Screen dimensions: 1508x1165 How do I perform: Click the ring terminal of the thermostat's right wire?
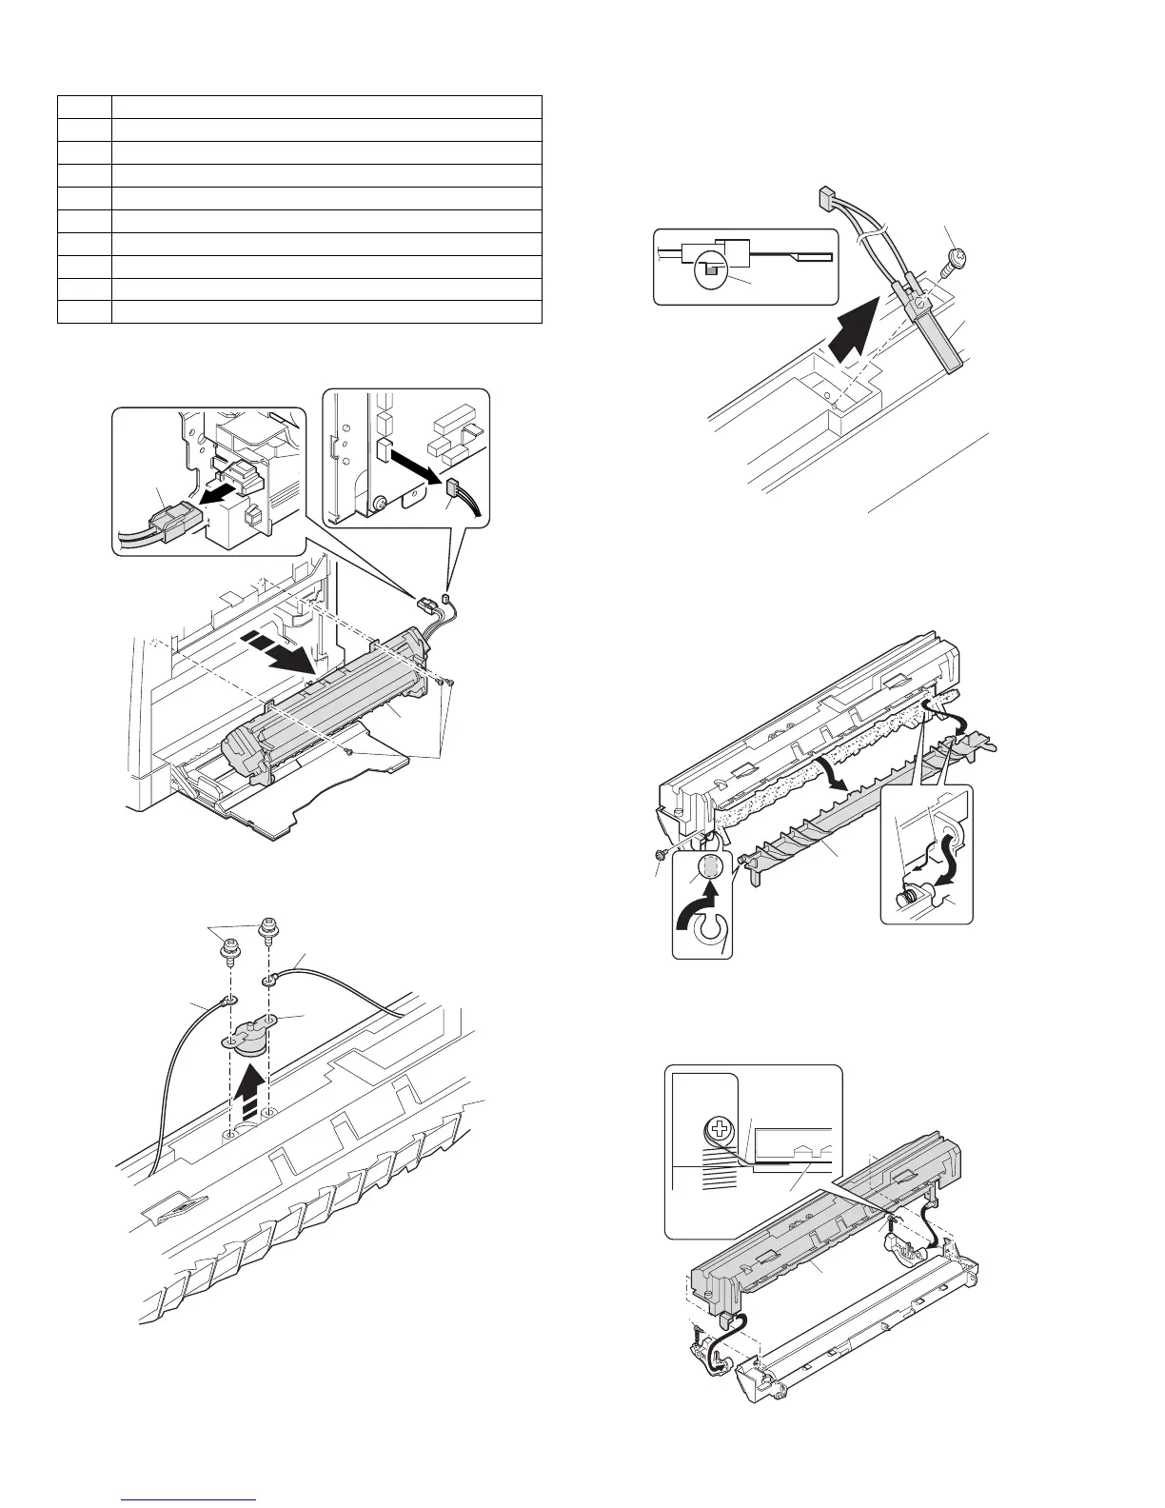click(270, 978)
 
